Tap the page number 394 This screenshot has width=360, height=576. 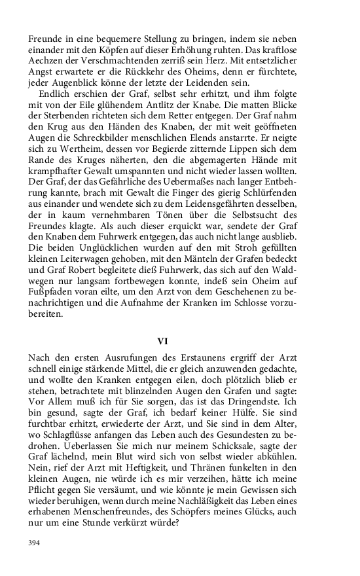[x=35, y=542]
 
